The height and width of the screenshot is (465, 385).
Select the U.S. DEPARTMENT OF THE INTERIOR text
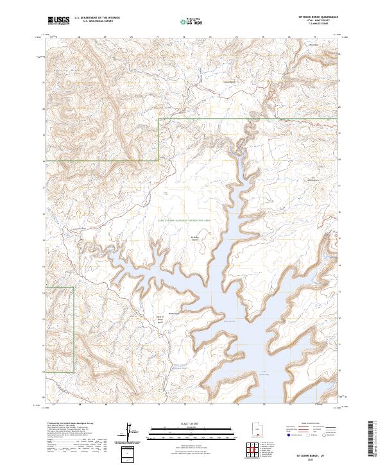tap(97, 18)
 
